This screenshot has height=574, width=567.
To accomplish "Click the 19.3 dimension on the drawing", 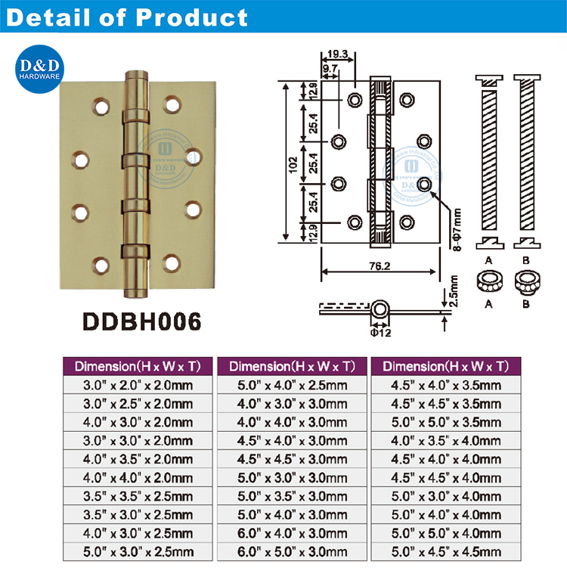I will tap(339, 54).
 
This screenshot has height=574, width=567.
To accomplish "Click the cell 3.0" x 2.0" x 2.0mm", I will tap(138, 385).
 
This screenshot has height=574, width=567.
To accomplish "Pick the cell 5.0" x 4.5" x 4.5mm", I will tap(446, 551).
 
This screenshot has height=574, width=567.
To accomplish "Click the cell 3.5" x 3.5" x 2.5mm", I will tap(138, 496).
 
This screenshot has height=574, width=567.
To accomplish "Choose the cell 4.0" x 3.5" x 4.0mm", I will tap(446, 440).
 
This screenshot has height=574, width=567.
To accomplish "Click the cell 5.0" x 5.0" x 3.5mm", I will tap(446, 422).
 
